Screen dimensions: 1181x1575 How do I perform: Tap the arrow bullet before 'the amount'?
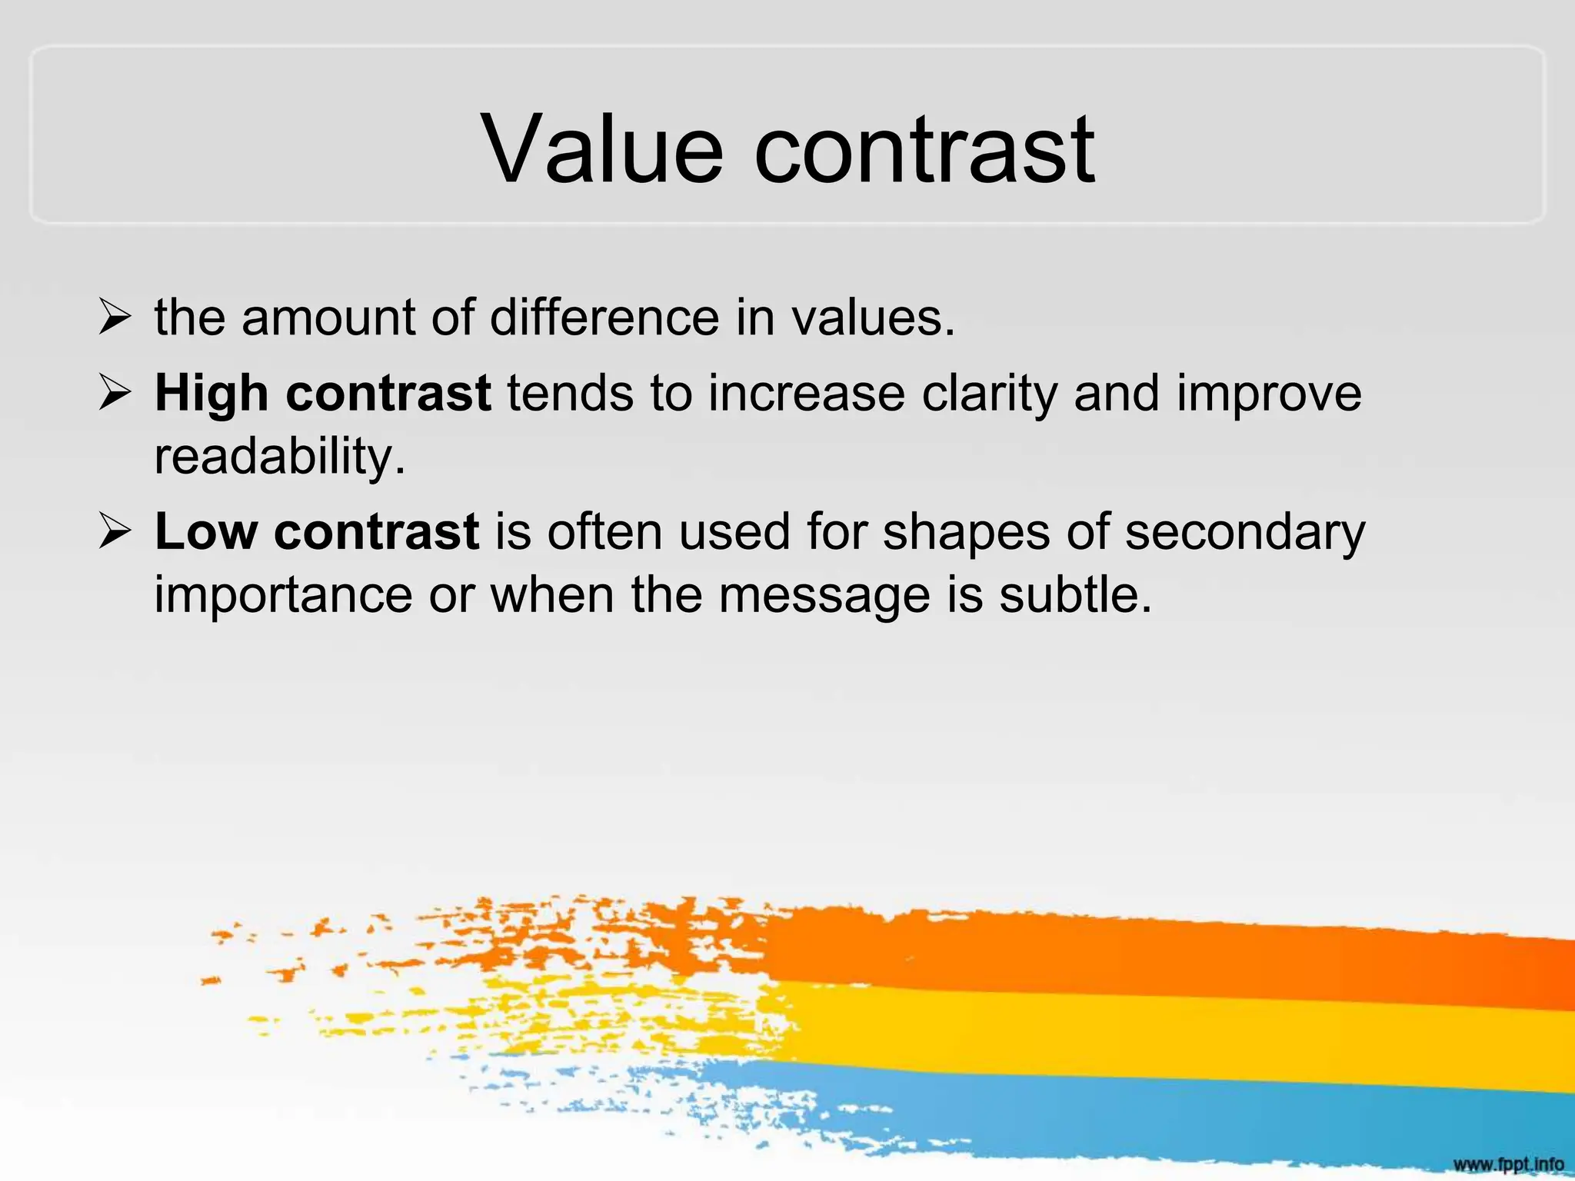click(x=115, y=318)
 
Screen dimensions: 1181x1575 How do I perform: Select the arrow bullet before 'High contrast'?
click(x=115, y=394)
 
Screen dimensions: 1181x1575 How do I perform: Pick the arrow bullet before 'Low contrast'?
click(x=115, y=532)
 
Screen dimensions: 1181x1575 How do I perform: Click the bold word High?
click(x=211, y=394)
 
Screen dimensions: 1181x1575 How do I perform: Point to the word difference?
click(x=604, y=317)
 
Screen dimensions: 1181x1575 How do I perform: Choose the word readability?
click(x=279, y=456)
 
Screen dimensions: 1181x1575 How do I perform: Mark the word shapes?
click(x=966, y=532)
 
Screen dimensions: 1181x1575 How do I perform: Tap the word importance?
click(x=283, y=595)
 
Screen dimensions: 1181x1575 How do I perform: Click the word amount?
click(x=328, y=317)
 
